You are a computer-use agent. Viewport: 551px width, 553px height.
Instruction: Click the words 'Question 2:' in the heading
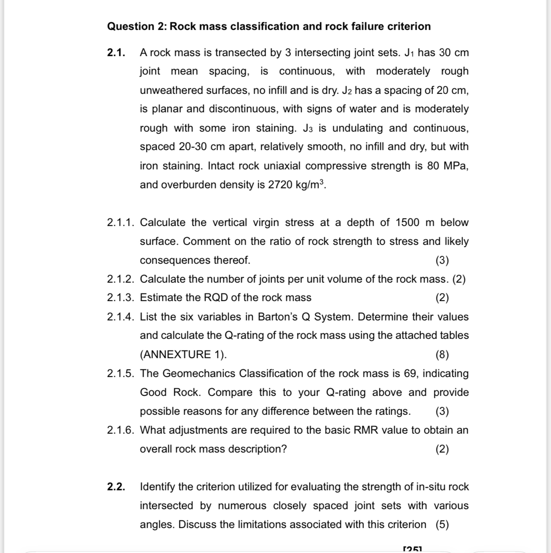137,27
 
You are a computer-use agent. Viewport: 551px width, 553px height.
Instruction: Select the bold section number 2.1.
116,53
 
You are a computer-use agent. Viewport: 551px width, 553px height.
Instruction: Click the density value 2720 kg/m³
297,184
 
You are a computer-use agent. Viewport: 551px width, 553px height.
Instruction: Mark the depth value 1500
407,223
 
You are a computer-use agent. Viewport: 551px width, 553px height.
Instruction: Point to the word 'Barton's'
277,317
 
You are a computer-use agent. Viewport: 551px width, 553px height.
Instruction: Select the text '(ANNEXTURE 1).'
183,355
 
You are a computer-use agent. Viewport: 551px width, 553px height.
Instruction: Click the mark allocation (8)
442,355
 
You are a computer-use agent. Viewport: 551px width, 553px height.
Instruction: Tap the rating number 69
411,374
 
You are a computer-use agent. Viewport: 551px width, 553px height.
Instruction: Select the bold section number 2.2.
116,487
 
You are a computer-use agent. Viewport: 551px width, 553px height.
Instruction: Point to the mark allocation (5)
442,525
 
